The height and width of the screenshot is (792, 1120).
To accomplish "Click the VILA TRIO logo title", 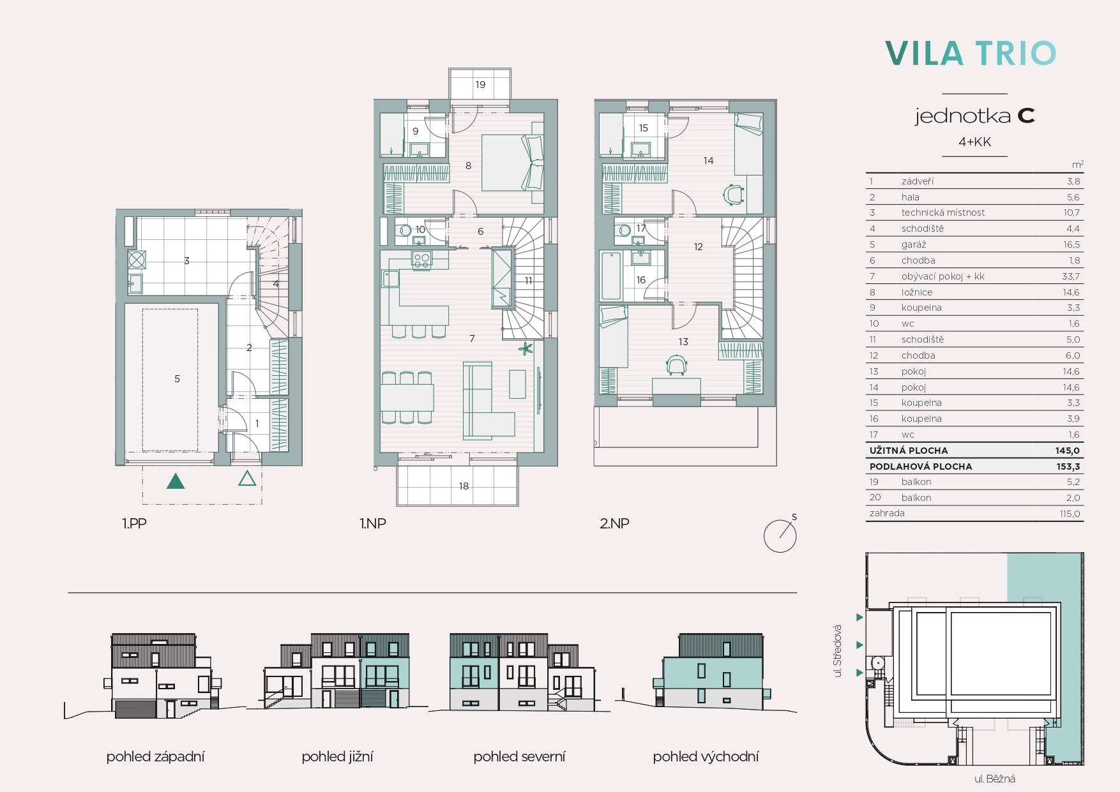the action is (x=970, y=54).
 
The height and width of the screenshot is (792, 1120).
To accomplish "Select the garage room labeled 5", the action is (x=170, y=380).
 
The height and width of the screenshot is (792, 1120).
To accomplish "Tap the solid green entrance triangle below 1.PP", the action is (x=176, y=481).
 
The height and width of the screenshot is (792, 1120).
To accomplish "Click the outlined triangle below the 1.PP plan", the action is (x=247, y=478).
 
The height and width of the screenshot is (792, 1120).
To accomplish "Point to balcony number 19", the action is (x=480, y=84).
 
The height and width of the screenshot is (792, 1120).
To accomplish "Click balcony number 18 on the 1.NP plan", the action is (x=457, y=485).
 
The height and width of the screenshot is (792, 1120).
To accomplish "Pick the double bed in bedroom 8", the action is (x=513, y=162).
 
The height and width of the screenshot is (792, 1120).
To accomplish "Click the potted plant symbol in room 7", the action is (x=526, y=348).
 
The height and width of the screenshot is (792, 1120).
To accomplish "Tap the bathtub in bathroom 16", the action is (x=611, y=276).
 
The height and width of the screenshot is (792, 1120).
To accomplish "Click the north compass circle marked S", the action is (x=780, y=535).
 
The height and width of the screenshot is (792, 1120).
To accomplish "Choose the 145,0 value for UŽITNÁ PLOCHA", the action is (x=1067, y=451).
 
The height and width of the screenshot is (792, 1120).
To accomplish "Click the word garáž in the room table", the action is (x=914, y=244).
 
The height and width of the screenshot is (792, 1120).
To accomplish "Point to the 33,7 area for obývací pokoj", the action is (x=1071, y=276).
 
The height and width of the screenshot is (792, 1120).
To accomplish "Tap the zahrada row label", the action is (x=887, y=513).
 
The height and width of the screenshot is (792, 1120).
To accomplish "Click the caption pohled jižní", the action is (x=337, y=757).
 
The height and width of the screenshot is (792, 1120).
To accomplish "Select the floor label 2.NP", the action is (x=614, y=523).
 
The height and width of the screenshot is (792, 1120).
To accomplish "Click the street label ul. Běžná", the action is (x=995, y=779).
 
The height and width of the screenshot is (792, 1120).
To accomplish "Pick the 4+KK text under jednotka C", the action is (x=974, y=142).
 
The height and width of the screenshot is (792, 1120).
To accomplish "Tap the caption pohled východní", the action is (x=706, y=757).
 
